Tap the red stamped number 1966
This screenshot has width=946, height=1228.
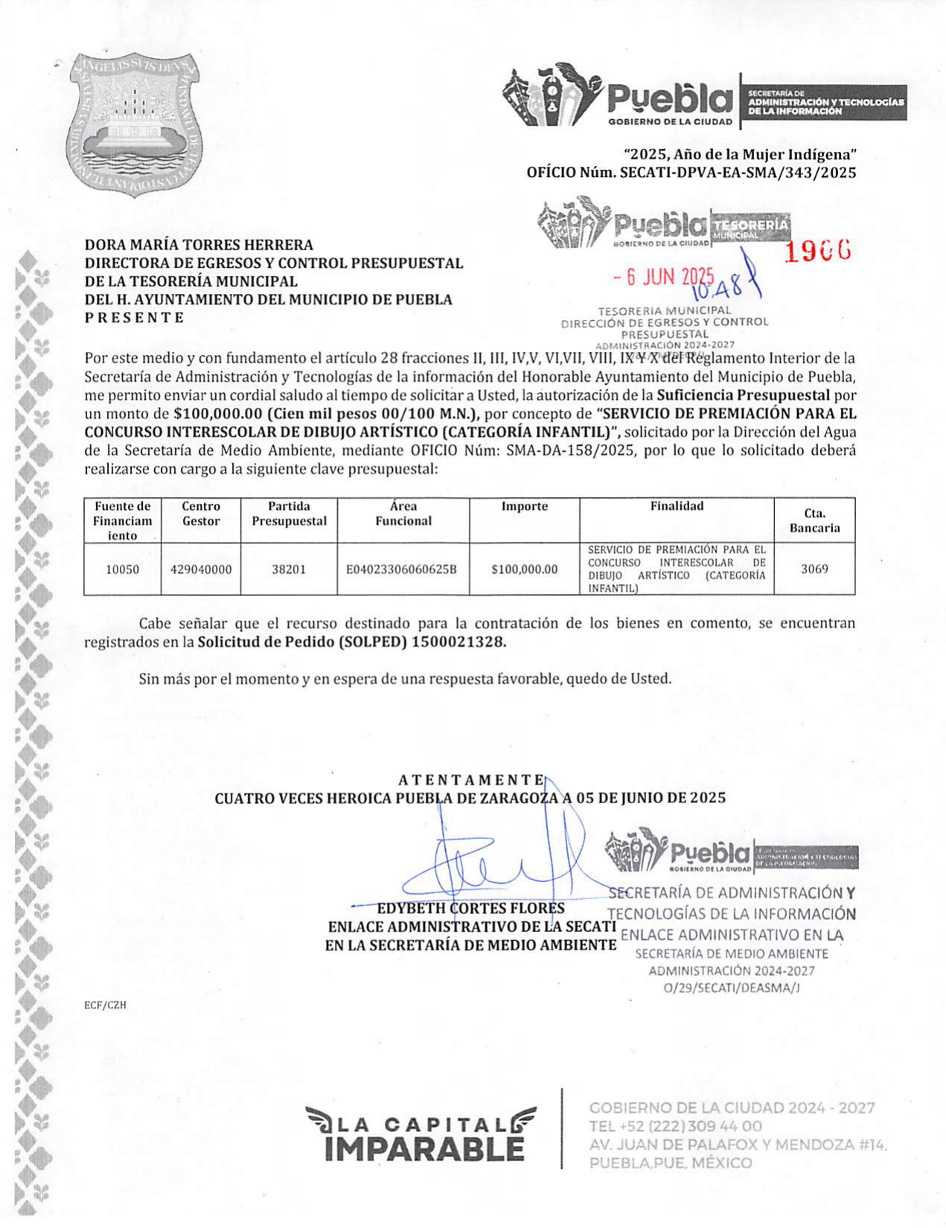[x=817, y=253]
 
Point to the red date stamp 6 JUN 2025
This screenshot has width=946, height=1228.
[x=663, y=278]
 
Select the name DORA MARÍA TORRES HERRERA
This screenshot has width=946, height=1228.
[x=199, y=245]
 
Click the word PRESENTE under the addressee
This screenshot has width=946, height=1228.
[x=134, y=318]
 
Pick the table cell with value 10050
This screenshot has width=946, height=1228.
[x=122, y=569]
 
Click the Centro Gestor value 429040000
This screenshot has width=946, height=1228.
[x=201, y=569]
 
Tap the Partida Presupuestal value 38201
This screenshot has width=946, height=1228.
[x=289, y=569]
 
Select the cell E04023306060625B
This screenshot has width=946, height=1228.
[x=402, y=569]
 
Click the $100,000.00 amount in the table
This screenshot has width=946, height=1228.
[x=524, y=569]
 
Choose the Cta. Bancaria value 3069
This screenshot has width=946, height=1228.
[x=814, y=569]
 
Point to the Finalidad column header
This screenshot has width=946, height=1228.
[x=677, y=506]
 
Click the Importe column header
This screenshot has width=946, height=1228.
[x=524, y=506]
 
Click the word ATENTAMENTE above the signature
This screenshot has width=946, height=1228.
[x=471, y=780]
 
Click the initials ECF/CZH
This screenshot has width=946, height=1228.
[x=105, y=1005]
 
